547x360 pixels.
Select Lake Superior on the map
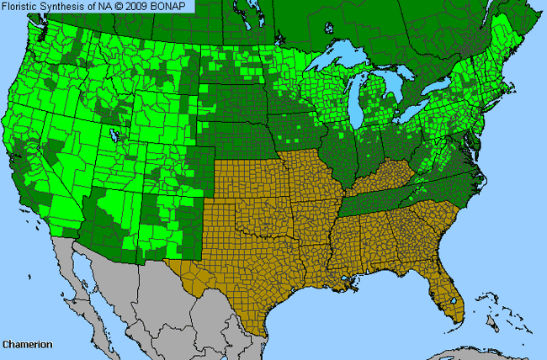[x=341, y=63]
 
